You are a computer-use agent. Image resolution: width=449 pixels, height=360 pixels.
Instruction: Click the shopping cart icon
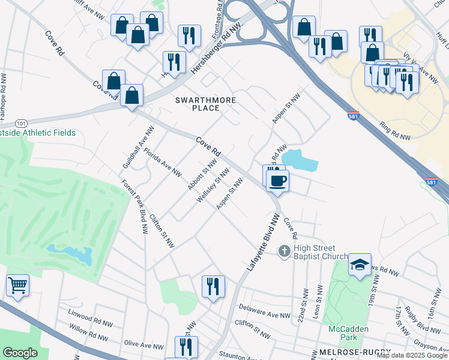(x=17, y=286)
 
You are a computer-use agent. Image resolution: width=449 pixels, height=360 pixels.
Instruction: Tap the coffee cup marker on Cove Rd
(x=277, y=180)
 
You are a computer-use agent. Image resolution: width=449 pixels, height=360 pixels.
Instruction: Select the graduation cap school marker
(x=359, y=265)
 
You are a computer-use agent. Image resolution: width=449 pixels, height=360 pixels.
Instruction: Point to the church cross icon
(x=285, y=251)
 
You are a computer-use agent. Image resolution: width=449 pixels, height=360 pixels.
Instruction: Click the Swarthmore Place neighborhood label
(x=205, y=104)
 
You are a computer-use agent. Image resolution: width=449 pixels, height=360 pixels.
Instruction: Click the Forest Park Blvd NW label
(x=134, y=206)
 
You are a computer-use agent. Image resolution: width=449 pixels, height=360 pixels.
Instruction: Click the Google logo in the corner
(x=20, y=353)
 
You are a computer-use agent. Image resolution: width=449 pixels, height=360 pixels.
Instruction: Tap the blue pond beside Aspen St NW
(x=300, y=160)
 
